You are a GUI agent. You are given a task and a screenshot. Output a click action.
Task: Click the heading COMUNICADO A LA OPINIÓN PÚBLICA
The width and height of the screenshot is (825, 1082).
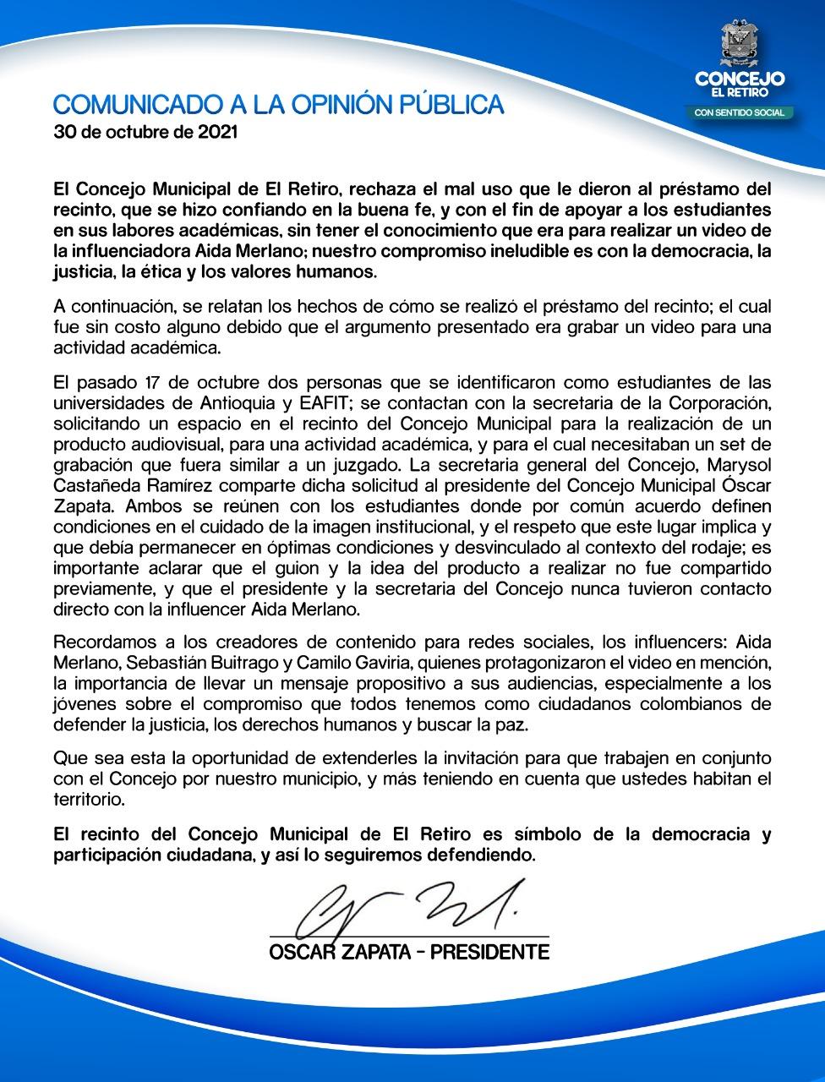[279, 105]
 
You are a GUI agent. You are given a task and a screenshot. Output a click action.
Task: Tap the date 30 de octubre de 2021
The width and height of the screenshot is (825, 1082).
[145, 133]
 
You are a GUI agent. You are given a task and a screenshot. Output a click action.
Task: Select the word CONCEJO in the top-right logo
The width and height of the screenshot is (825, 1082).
[740, 78]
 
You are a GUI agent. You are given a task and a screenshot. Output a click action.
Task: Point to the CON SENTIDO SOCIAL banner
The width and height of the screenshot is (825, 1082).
[740, 112]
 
